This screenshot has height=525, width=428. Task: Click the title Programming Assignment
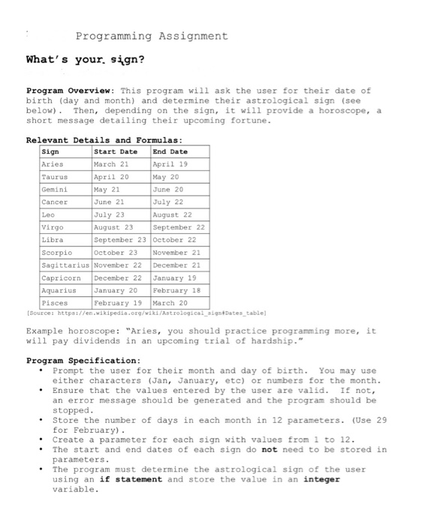151,36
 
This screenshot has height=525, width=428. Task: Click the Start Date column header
116,151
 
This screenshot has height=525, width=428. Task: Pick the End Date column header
170,151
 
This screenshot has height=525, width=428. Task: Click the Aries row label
53,163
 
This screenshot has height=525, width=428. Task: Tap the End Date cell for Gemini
167,189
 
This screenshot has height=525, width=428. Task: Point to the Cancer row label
55,202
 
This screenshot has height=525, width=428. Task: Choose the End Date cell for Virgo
179,227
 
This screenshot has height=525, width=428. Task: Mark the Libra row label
53,240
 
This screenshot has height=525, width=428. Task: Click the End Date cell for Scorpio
176,253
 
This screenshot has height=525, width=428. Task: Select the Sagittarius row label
65,265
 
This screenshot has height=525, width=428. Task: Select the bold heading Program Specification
83,360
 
